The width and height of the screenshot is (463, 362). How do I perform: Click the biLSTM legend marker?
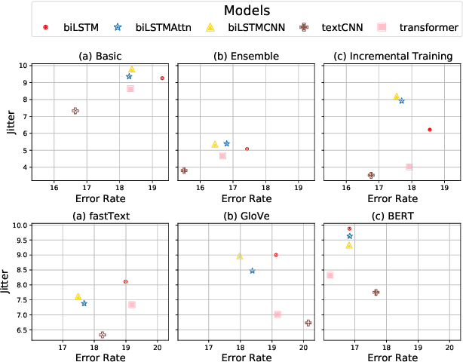(44, 27)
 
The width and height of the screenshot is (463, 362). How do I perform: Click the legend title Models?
(232, 11)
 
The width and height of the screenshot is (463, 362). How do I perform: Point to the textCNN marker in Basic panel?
(75, 111)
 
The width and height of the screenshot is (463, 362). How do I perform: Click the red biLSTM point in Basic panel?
(162, 78)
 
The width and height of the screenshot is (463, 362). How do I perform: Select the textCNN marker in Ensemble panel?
(184, 170)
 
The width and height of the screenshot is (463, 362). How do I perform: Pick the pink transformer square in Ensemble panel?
(222, 155)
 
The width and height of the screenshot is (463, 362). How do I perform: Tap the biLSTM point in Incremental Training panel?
(429, 130)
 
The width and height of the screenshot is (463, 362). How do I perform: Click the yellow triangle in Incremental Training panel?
(397, 97)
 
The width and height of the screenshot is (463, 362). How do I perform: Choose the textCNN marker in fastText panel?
(103, 334)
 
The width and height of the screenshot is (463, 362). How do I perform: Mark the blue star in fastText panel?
(84, 303)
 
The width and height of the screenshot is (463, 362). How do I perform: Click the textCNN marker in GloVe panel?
(308, 323)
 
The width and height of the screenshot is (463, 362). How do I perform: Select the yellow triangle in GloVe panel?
(240, 256)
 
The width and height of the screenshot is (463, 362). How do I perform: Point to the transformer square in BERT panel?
(330, 275)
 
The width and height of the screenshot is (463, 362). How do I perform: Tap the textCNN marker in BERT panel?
(376, 292)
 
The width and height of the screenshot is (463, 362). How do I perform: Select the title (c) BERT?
(388, 216)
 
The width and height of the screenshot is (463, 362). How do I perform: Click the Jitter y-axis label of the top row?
(8, 121)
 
